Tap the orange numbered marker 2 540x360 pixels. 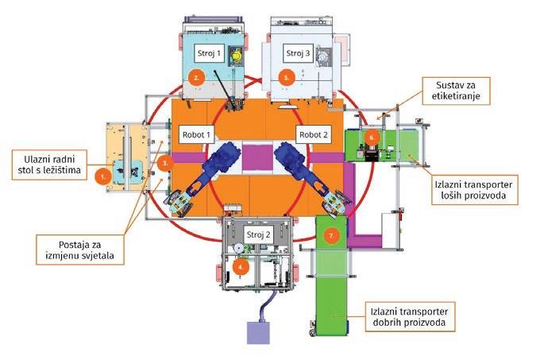tap(195, 78)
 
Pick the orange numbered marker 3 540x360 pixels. tap(164, 163)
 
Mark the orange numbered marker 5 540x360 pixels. tap(287, 78)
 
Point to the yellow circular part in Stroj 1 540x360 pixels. tap(236, 57)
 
